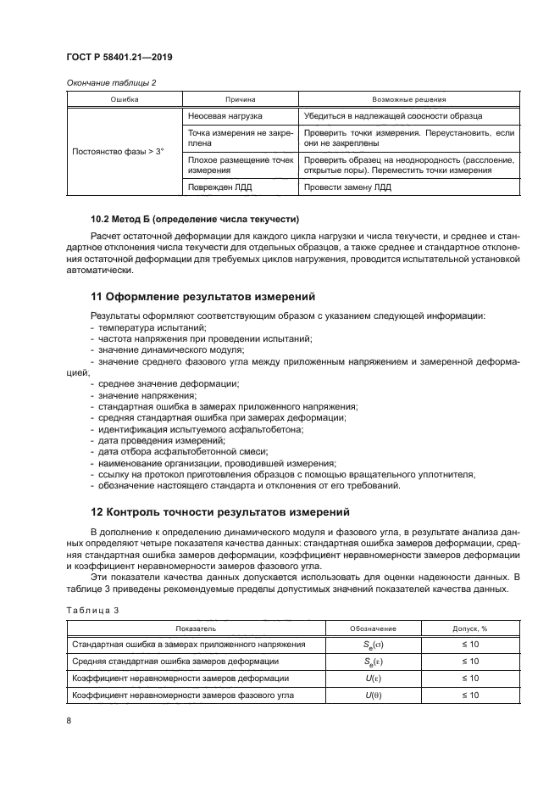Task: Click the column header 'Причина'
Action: (240, 98)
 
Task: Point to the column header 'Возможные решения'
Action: (409, 98)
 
